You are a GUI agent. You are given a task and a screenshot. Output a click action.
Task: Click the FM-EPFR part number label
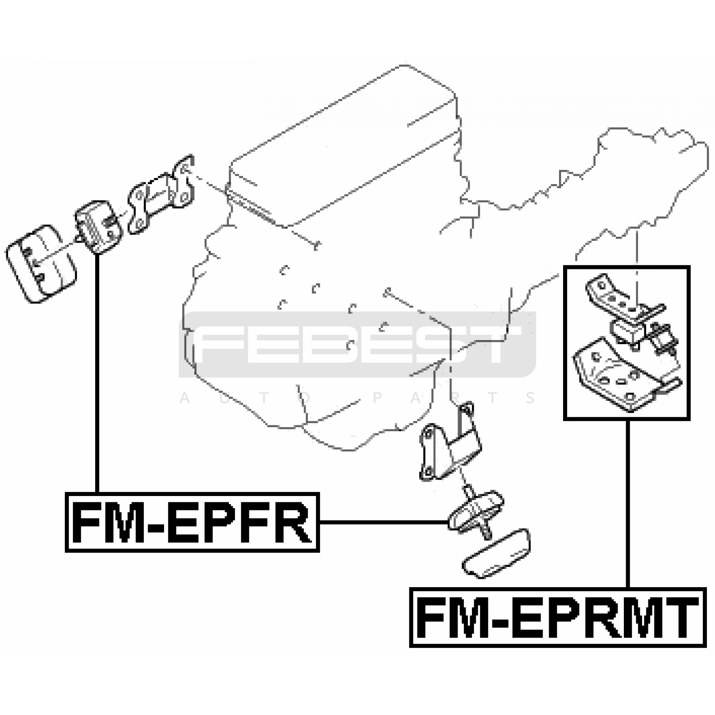[192, 522]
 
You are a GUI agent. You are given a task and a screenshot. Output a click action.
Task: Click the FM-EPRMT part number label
[558, 618]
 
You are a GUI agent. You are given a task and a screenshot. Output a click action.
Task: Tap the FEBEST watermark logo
[357, 344]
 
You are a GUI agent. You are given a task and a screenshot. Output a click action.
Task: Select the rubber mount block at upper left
[98, 227]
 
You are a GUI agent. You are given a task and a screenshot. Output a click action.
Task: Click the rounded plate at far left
[41, 264]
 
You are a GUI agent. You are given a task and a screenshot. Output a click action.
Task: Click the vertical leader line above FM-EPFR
[97, 371]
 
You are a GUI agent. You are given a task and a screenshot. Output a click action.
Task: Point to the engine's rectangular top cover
[344, 147]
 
